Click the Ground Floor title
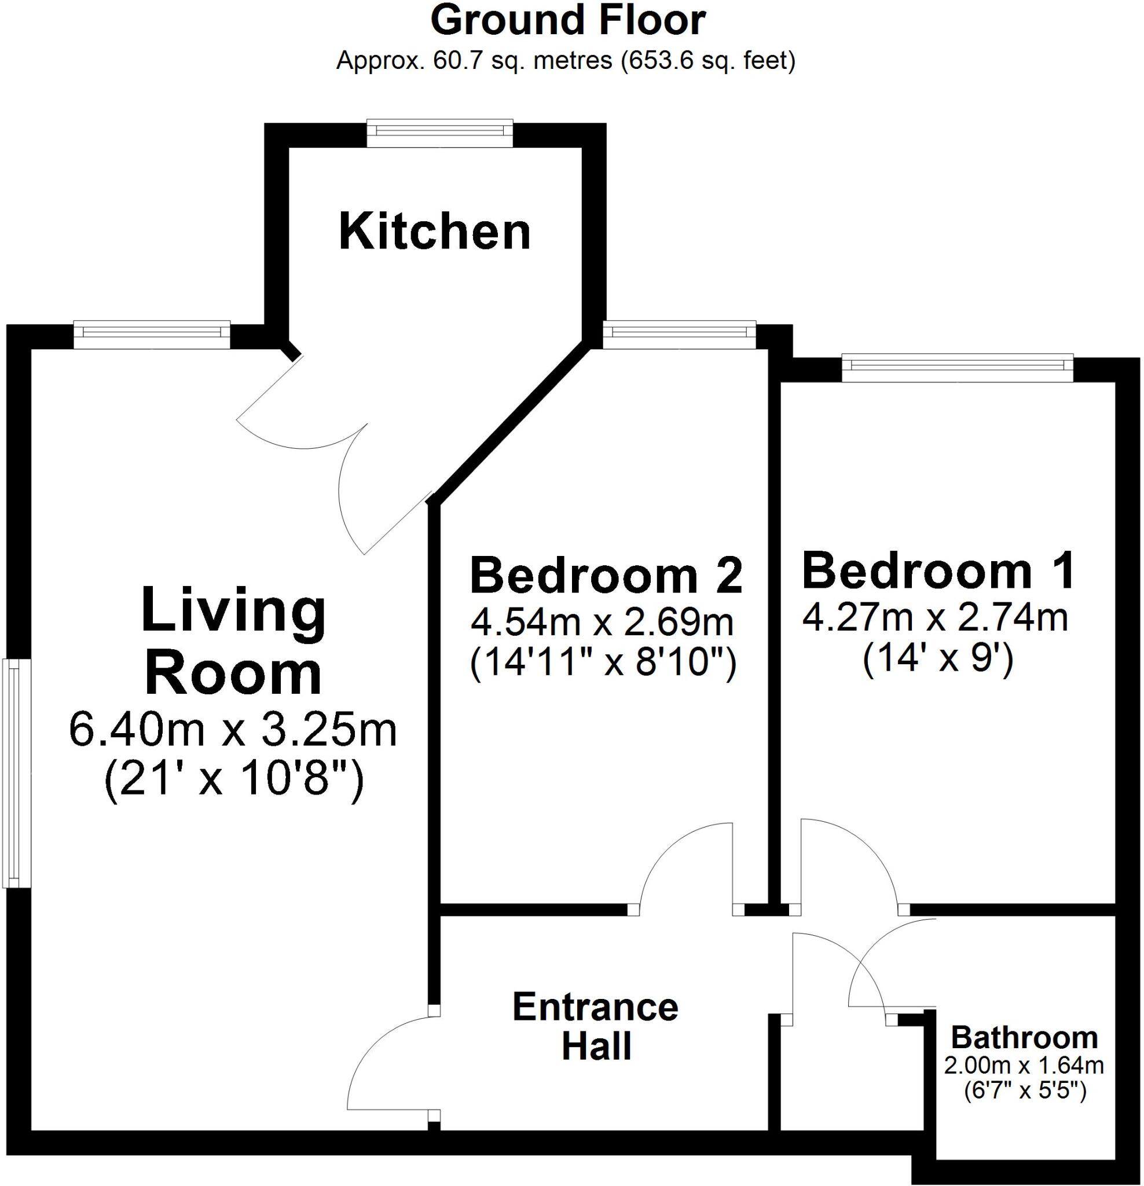pyautogui.click(x=567, y=22)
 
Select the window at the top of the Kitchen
pyautogui.click(x=440, y=134)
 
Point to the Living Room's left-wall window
pyautogui.click(x=16, y=773)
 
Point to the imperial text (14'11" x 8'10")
pyautogui.click(x=603, y=663)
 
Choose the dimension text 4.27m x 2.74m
pyautogui.click(x=934, y=618)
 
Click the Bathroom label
pyautogui.click(x=1024, y=1037)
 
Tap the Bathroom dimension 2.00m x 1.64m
pyautogui.click(x=1024, y=1065)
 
